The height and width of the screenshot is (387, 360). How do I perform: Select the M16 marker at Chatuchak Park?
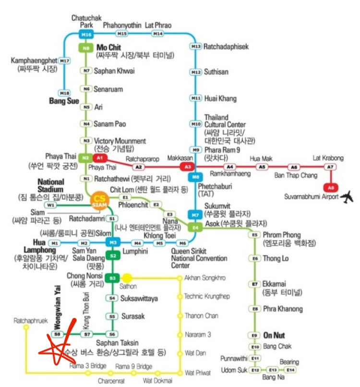point(86,35)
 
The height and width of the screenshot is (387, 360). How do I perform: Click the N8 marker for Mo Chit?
point(86,48)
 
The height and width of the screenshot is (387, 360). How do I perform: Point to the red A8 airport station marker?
point(330,187)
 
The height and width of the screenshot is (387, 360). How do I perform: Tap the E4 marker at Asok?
point(195,227)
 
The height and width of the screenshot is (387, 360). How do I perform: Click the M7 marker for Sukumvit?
point(195,215)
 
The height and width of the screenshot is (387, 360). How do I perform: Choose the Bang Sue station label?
point(63,101)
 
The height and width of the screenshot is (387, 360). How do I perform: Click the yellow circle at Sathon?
point(127,278)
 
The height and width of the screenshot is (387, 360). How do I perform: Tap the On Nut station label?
point(276,335)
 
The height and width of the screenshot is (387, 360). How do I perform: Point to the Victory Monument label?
point(120,141)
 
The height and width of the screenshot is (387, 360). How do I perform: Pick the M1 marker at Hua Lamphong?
point(55,243)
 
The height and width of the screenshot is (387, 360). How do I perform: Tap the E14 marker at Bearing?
point(290,370)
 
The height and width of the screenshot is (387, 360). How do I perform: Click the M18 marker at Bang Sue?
point(64,92)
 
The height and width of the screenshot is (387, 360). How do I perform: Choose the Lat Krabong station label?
point(328,158)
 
